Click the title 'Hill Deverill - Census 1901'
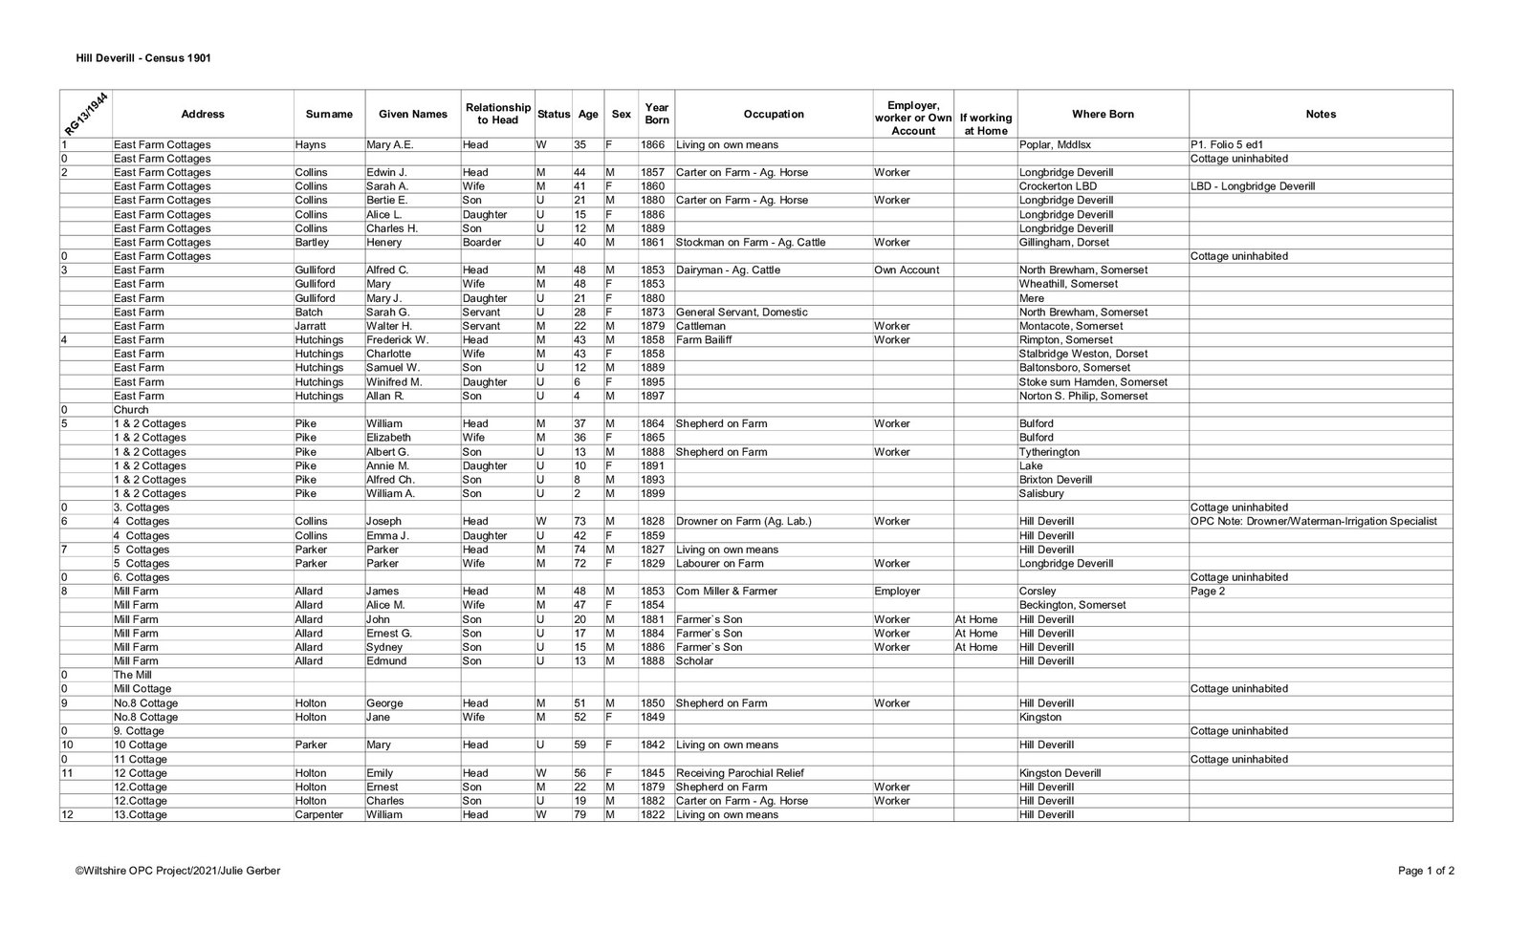(x=143, y=58)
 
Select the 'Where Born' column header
(x=1103, y=114)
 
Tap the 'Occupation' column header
(x=773, y=114)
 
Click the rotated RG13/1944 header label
(x=86, y=115)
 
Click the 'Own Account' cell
(x=906, y=270)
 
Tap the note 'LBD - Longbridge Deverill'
(x=1252, y=186)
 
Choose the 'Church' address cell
(x=131, y=410)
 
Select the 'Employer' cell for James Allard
(x=897, y=592)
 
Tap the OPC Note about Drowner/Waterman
(x=1313, y=522)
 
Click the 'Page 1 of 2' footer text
(x=1426, y=871)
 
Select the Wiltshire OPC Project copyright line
(x=178, y=871)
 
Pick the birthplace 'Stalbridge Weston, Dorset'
(x=1082, y=354)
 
